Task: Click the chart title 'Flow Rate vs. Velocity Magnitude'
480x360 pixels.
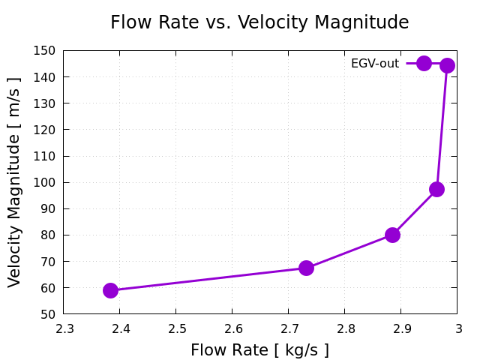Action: coord(259,22)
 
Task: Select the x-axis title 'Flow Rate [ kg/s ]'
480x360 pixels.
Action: coord(259,350)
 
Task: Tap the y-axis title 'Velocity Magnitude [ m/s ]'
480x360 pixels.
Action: coord(15,182)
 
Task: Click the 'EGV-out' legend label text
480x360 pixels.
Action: coord(375,64)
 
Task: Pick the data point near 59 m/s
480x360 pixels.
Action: coord(110,290)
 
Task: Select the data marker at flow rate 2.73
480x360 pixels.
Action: coord(306,268)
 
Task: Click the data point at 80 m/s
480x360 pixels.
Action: coord(392,235)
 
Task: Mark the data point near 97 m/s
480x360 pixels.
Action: coord(436,189)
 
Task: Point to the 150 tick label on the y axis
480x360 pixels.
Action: coord(44,51)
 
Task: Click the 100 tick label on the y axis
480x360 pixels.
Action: coord(44,182)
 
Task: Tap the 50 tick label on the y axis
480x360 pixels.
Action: coord(47,314)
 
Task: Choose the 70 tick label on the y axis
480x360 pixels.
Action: coord(47,262)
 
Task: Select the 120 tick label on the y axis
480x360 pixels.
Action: coord(44,130)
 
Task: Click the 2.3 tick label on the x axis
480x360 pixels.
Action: coord(64,328)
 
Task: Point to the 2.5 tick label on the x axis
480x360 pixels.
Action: coord(176,328)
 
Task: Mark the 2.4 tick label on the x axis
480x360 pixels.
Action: coord(120,328)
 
